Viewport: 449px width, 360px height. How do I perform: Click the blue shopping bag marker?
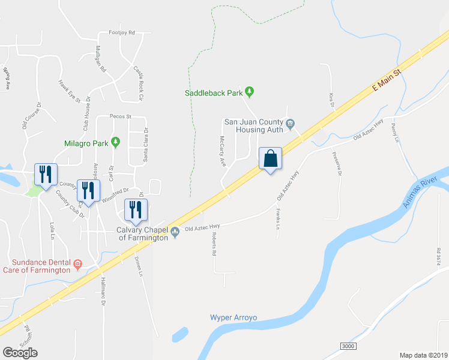point(271,159)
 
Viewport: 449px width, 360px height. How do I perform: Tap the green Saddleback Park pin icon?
point(250,92)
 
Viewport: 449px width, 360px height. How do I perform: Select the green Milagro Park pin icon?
point(116,143)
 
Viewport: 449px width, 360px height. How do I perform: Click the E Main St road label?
point(386,79)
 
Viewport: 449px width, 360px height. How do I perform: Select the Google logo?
point(20,353)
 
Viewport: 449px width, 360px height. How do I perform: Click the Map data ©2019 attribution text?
point(424,355)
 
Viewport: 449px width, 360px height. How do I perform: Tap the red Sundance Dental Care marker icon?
point(77,263)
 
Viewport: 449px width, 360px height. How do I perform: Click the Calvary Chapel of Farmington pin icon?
point(175,232)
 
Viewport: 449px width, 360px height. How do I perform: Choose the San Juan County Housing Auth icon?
point(290,124)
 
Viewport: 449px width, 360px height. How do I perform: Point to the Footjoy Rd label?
point(122,32)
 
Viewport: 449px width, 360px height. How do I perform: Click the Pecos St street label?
point(120,117)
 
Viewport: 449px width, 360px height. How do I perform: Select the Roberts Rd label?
point(213,245)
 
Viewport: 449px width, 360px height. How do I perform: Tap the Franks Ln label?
point(279,218)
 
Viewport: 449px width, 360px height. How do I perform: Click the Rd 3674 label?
point(439,256)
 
